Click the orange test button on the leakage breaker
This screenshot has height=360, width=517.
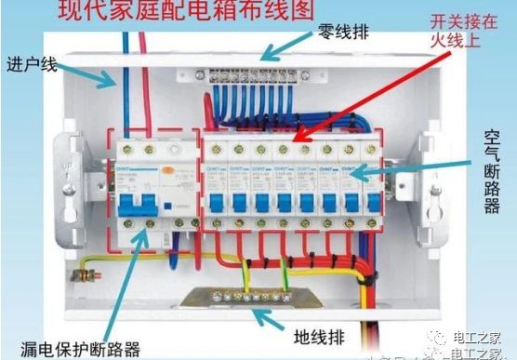(x=166, y=172)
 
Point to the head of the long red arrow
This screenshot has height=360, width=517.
(x=296, y=142)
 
